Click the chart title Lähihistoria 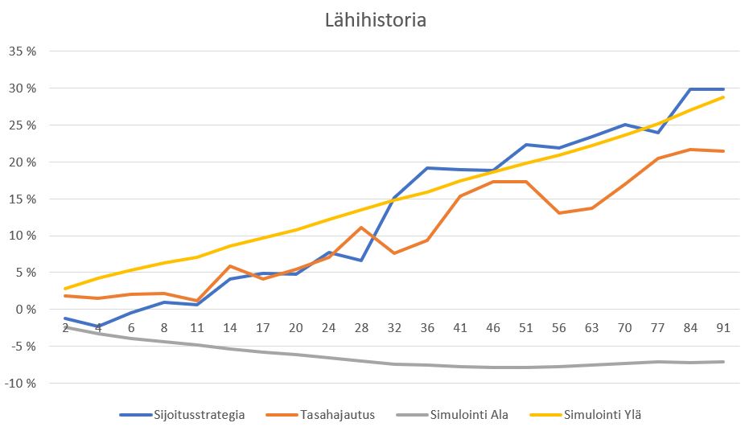pos(375,20)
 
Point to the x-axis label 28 pos(362,327)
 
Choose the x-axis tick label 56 pos(559,327)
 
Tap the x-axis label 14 pos(230,327)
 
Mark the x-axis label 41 pos(461,327)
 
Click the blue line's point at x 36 pos(428,168)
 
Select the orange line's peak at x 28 pos(362,228)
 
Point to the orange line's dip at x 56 pos(559,213)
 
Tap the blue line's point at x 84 pos(690,89)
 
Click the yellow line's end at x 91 pos(723,97)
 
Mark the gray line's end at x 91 pos(723,362)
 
